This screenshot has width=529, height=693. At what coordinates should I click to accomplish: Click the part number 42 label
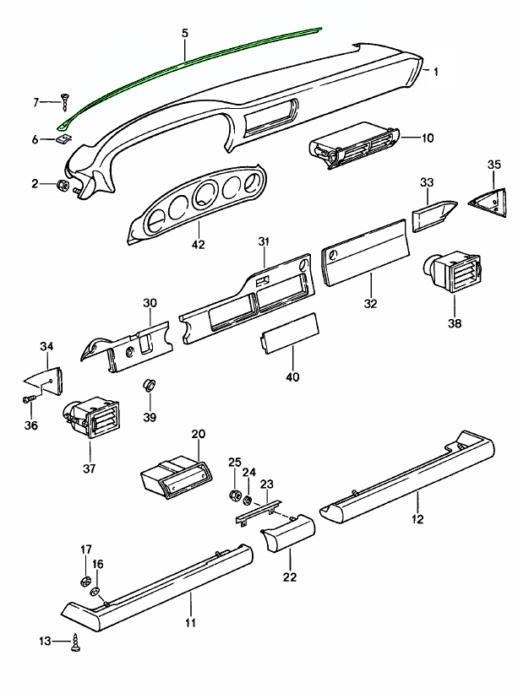pos(199,245)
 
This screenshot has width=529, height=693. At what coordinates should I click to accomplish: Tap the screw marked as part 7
pos(65,102)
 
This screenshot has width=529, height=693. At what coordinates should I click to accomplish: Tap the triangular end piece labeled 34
pos(46,377)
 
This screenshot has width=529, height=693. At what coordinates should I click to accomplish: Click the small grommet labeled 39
pos(149,386)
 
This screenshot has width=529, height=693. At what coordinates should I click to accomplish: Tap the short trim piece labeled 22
pos(287,535)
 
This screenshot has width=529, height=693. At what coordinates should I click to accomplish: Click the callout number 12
pos(417,518)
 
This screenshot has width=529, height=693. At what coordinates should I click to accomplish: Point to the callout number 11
pos(190,622)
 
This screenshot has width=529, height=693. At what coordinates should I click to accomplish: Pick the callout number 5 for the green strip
pos(184,33)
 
